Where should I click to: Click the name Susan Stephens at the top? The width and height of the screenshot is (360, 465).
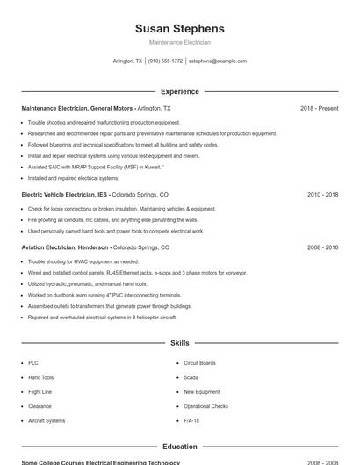(179, 28)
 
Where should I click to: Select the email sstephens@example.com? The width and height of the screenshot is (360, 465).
(218, 61)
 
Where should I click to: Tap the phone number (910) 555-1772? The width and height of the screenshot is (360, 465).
(165, 61)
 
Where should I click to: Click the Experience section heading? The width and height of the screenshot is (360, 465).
(179, 91)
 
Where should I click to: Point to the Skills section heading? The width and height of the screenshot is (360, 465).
(179, 343)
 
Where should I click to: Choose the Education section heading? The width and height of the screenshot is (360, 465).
(179, 447)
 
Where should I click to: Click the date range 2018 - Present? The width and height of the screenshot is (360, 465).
(319, 108)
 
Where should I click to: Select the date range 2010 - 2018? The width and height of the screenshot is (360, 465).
(322, 194)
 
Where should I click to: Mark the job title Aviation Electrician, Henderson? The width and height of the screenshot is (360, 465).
(65, 248)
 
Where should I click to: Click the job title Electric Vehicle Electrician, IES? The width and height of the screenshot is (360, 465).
(65, 194)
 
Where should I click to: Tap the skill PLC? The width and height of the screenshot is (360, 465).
(33, 362)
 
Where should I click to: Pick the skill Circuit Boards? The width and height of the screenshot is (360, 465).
(199, 362)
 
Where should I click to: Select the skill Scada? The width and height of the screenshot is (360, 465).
(191, 377)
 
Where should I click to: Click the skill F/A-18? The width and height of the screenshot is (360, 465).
(191, 420)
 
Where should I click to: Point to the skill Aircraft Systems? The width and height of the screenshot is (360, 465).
(47, 420)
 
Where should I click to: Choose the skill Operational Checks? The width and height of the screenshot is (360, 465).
(205, 406)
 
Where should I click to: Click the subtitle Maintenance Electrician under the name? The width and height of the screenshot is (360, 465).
(179, 42)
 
